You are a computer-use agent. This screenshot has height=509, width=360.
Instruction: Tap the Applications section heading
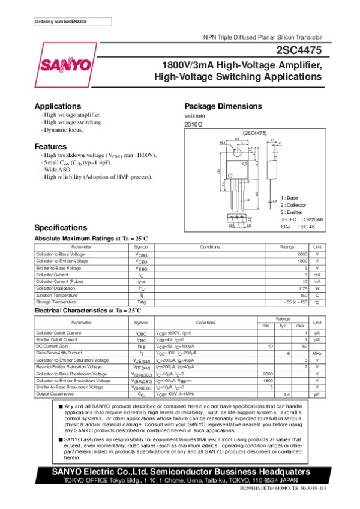click(x=58, y=106)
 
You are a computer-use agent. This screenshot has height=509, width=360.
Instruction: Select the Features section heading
click(x=50, y=147)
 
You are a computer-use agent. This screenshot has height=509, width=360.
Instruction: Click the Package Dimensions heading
click(x=221, y=106)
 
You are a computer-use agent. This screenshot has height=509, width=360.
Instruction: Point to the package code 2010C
click(x=194, y=124)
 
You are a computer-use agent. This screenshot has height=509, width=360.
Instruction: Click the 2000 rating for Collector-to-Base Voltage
click(x=302, y=255)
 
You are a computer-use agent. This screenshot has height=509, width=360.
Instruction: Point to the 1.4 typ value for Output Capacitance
click(x=287, y=394)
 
